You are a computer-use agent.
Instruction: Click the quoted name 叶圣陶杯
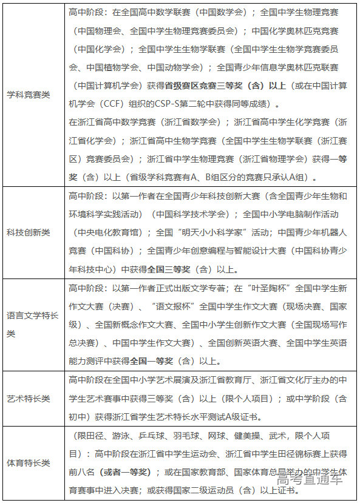coord(255,288)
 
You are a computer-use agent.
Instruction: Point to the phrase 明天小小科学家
coord(204,232)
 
